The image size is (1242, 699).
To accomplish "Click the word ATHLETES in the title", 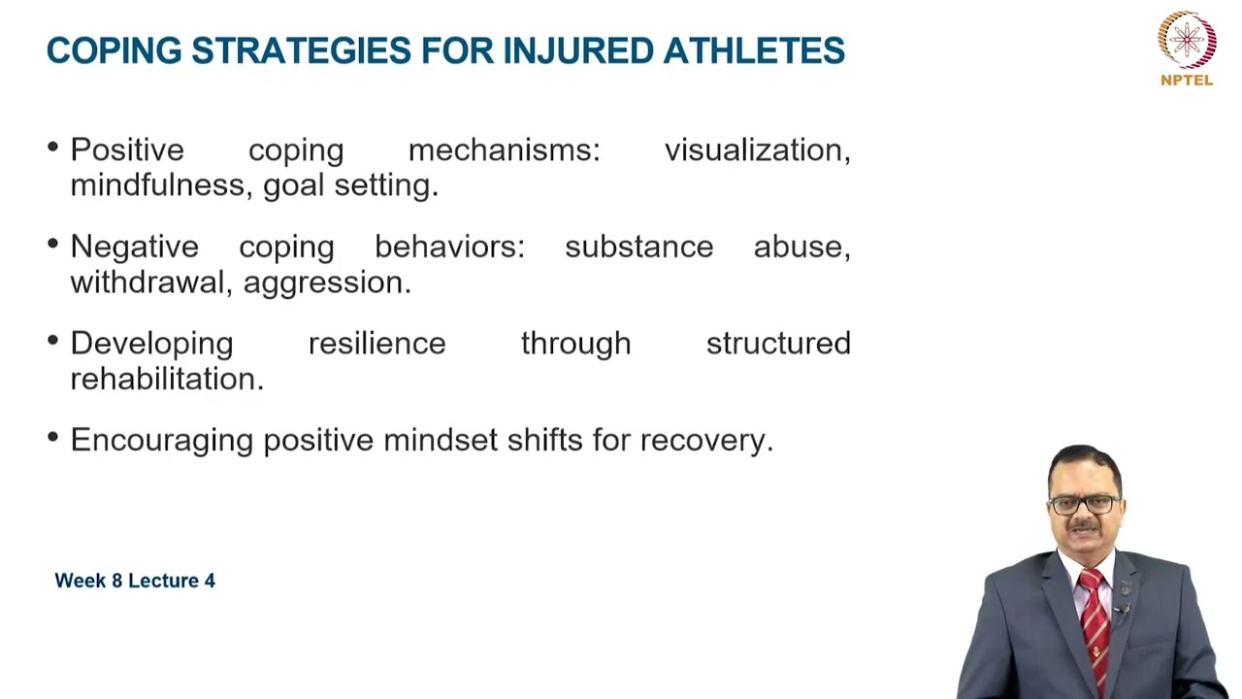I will pyautogui.click(x=754, y=50).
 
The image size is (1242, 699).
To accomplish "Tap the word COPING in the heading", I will pyautogui.click(x=114, y=50).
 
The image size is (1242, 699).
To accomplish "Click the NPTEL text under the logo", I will pyautogui.click(x=1187, y=81).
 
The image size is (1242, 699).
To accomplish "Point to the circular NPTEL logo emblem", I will pyautogui.click(x=1187, y=39).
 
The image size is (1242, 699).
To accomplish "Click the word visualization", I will pyautogui.click(x=757, y=150).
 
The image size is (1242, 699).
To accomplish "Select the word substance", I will pyautogui.click(x=638, y=248).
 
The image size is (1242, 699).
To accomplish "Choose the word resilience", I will pyautogui.click(x=376, y=344).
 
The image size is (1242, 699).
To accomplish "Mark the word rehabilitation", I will pyautogui.click(x=166, y=379).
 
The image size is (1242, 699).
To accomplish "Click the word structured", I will pyautogui.click(x=778, y=344).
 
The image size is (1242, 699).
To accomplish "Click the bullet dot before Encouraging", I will pyautogui.click(x=52, y=438).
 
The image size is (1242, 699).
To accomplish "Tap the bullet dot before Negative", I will pyautogui.click(x=52, y=245).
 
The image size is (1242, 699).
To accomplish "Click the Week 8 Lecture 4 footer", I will pyautogui.click(x=135, y=581).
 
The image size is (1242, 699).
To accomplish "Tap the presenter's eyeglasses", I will pyautogui.click(x=1084, y=505).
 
